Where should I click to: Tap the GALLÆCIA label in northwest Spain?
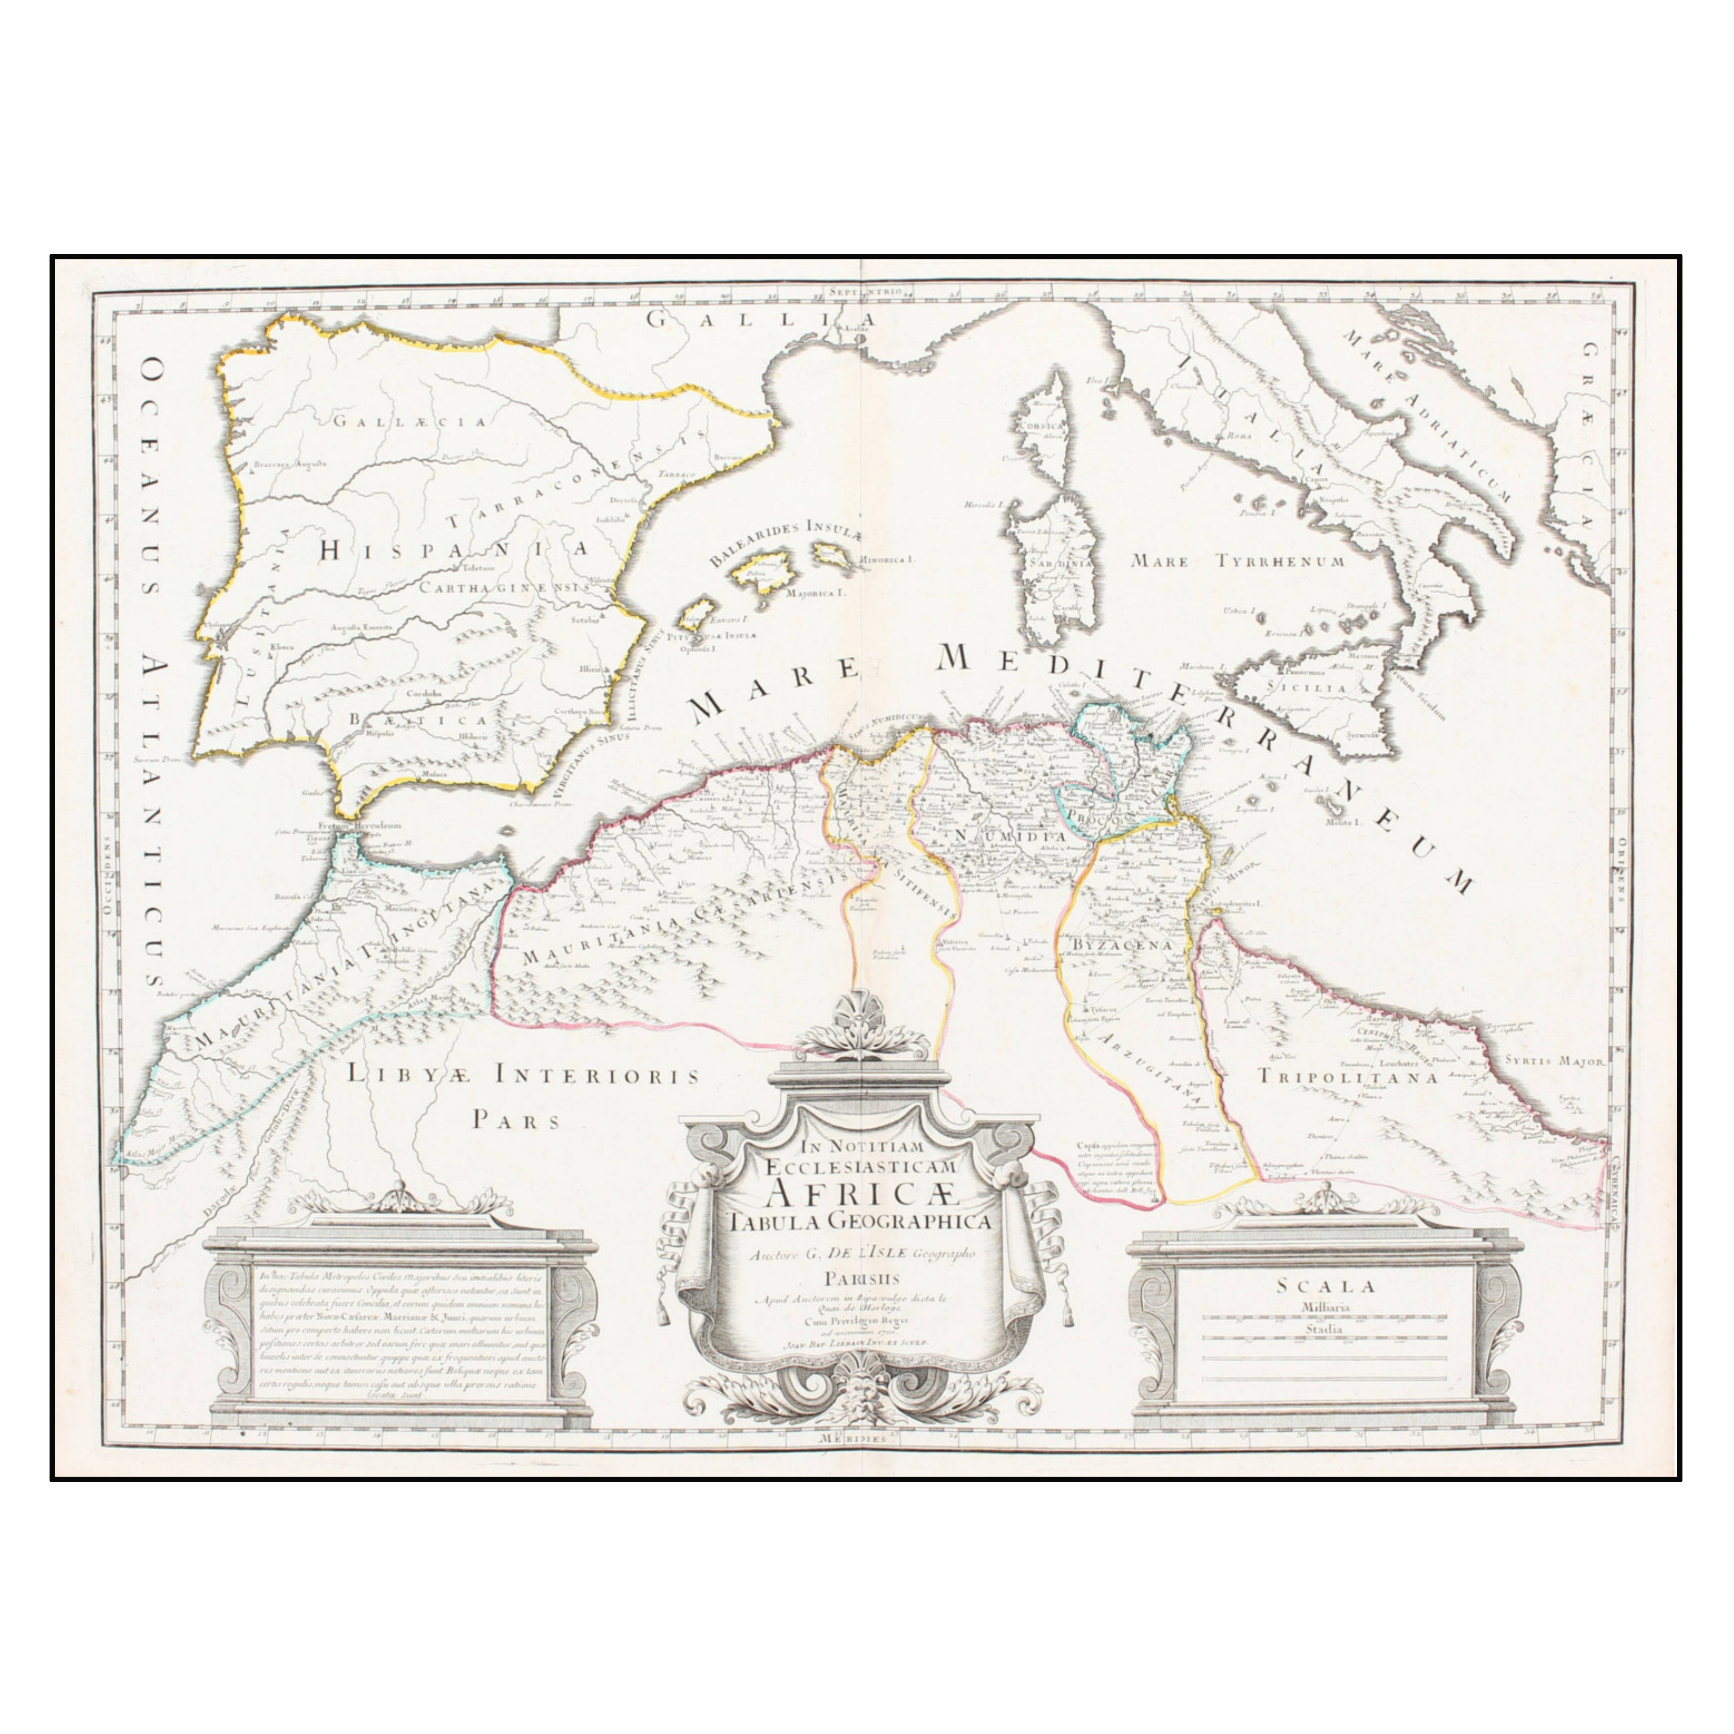[x=408, y=421]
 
